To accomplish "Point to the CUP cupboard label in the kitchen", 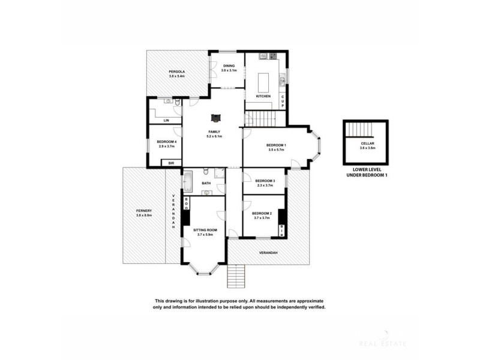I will [x=283, y=101].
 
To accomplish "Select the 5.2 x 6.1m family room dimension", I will [x=215, y=136].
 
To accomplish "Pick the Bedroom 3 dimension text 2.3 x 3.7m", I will [x=264, y=185].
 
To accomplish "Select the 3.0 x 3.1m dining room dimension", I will [x=229, y=70].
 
